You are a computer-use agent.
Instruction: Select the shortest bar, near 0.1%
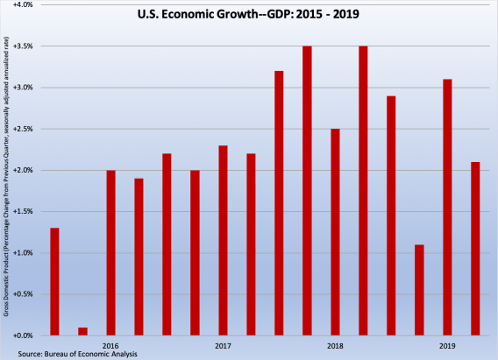82,331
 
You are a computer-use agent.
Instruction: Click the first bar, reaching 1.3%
54,281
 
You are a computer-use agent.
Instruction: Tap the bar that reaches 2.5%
335,232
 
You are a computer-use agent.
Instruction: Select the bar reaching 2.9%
391,215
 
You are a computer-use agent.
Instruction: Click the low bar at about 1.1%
419,290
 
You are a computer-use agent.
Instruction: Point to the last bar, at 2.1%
475,249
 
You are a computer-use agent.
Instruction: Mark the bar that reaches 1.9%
139,257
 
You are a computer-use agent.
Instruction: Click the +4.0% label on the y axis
22,5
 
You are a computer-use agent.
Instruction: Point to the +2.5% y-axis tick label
22,129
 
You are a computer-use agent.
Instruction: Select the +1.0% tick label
22,253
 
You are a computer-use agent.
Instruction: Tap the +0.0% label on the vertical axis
22,335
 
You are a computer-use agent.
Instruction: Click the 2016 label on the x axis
110,346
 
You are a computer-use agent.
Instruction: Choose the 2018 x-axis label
335,346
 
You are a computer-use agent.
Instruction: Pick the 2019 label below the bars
447,346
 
